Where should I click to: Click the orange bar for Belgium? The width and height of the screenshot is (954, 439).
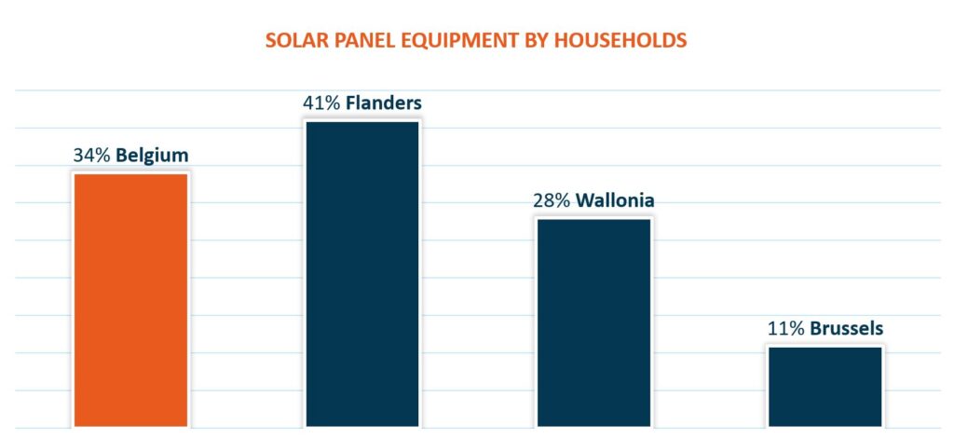(130, 300)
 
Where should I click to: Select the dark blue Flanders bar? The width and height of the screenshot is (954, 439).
(362, 274)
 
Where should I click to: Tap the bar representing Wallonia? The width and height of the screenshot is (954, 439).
(593, 322)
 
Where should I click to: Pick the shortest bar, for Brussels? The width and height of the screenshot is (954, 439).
(825, 387)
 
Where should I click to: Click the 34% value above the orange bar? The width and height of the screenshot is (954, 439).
(92, 156)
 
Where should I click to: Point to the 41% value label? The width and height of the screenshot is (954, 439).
(321, 103)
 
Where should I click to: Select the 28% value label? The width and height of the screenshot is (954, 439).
(552, 200)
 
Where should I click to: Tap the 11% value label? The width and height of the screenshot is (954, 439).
(786, 329)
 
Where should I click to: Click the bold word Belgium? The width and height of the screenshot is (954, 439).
(152, 156)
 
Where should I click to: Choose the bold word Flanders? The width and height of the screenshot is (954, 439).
(384, 103)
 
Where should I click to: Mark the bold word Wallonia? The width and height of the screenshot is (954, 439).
(615, 200)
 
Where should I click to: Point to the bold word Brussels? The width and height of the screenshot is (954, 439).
(846, 329)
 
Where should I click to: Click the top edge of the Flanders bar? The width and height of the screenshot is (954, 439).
(362, 122)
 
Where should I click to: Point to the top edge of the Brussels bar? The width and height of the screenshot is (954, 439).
(825, 347)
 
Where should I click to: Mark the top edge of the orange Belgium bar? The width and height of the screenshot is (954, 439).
(130, 174)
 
